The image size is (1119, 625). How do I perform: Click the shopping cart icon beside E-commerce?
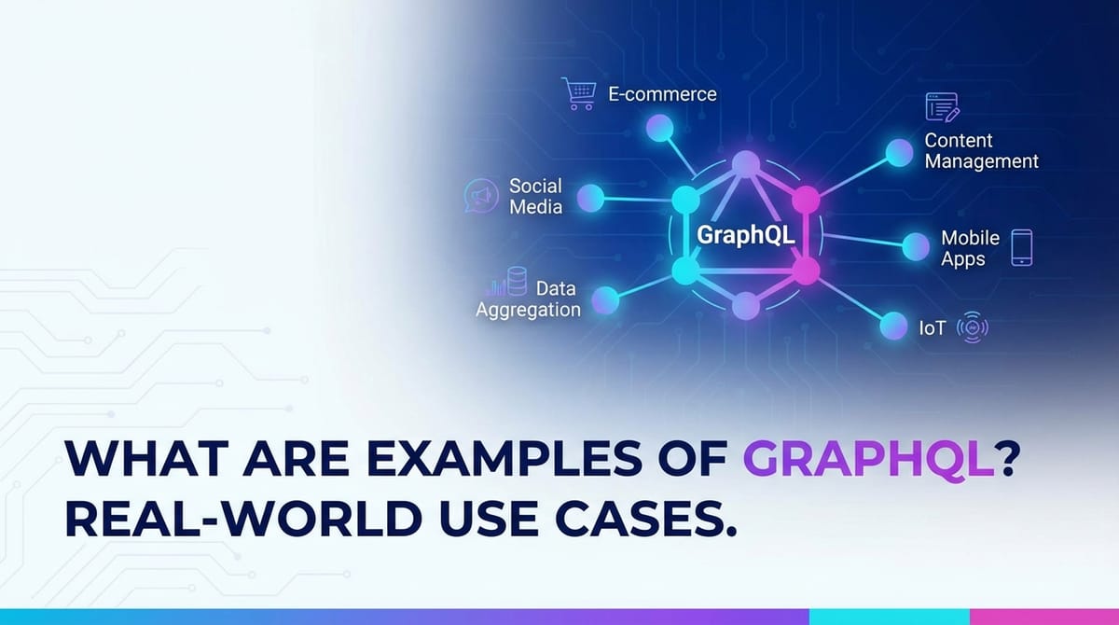click(579, 93)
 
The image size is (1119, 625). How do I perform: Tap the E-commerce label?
click(662, 94)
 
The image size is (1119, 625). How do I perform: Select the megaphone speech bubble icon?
click(479, 196)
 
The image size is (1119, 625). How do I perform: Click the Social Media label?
click(535, 196)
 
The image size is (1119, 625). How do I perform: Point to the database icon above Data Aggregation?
click(516, 281)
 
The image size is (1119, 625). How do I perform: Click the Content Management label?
click(981, 151)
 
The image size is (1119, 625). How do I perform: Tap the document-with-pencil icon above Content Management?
click(942, 107)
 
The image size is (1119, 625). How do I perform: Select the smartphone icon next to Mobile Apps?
click(1022, 248)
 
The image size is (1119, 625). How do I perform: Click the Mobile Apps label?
click(970, 248)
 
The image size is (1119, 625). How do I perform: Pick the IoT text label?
click(932, 328)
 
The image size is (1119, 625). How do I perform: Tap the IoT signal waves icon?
click(973, 328)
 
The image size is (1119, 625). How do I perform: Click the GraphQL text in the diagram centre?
click(746, 235)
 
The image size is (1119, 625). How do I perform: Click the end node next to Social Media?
click(590, 198)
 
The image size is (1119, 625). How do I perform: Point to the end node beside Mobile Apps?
click(916, 246)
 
